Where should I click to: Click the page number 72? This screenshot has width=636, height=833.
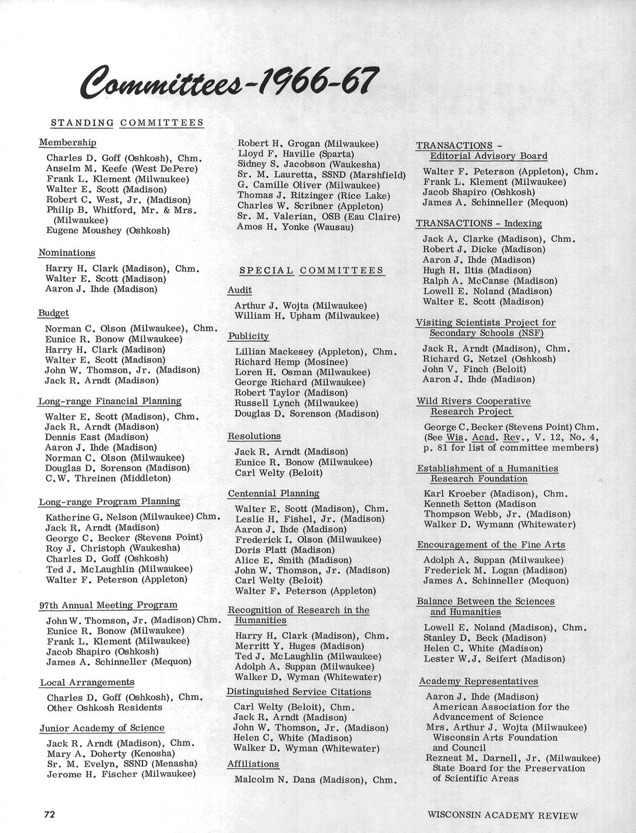(50, 814)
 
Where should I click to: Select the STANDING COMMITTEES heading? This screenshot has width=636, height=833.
(127, 123)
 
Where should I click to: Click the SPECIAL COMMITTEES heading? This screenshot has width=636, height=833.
(312, 270)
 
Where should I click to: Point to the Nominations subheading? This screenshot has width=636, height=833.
(66, 252)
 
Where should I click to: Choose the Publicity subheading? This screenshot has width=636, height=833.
(248, 336)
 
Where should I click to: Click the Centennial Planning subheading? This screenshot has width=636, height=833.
(273, 493)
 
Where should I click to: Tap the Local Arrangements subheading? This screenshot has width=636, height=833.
(87, 682)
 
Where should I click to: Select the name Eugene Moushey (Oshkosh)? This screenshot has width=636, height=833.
(108, 231)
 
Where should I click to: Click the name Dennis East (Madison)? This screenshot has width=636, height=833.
(96, 437)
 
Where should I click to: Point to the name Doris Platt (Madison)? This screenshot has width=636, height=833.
(284, 550)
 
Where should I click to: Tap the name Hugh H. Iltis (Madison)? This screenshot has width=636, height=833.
(477, 270)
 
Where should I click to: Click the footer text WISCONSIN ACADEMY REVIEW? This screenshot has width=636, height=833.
(503, 815)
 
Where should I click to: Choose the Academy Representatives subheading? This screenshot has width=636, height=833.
(478, 681)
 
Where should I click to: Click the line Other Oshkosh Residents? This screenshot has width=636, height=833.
(104, 707)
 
